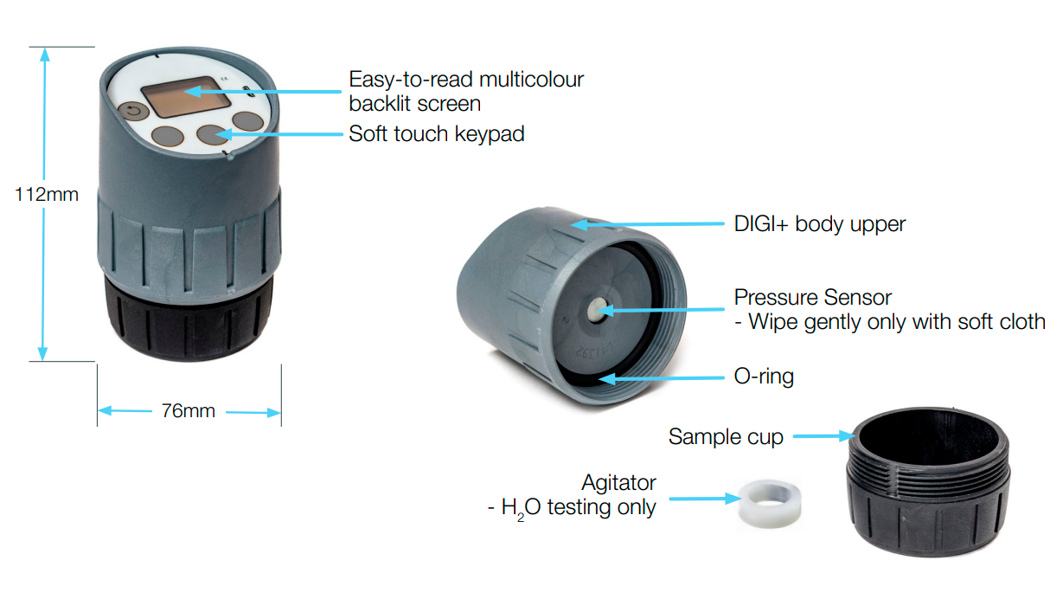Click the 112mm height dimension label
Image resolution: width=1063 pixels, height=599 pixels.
47,195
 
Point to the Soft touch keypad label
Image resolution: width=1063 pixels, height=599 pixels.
436,134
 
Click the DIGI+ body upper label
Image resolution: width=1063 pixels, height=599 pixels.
819,224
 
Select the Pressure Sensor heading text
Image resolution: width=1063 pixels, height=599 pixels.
812,298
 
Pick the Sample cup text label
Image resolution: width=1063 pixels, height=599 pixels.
725,437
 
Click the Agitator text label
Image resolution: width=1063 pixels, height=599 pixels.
618,482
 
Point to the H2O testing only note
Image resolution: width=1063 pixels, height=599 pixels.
571,507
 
